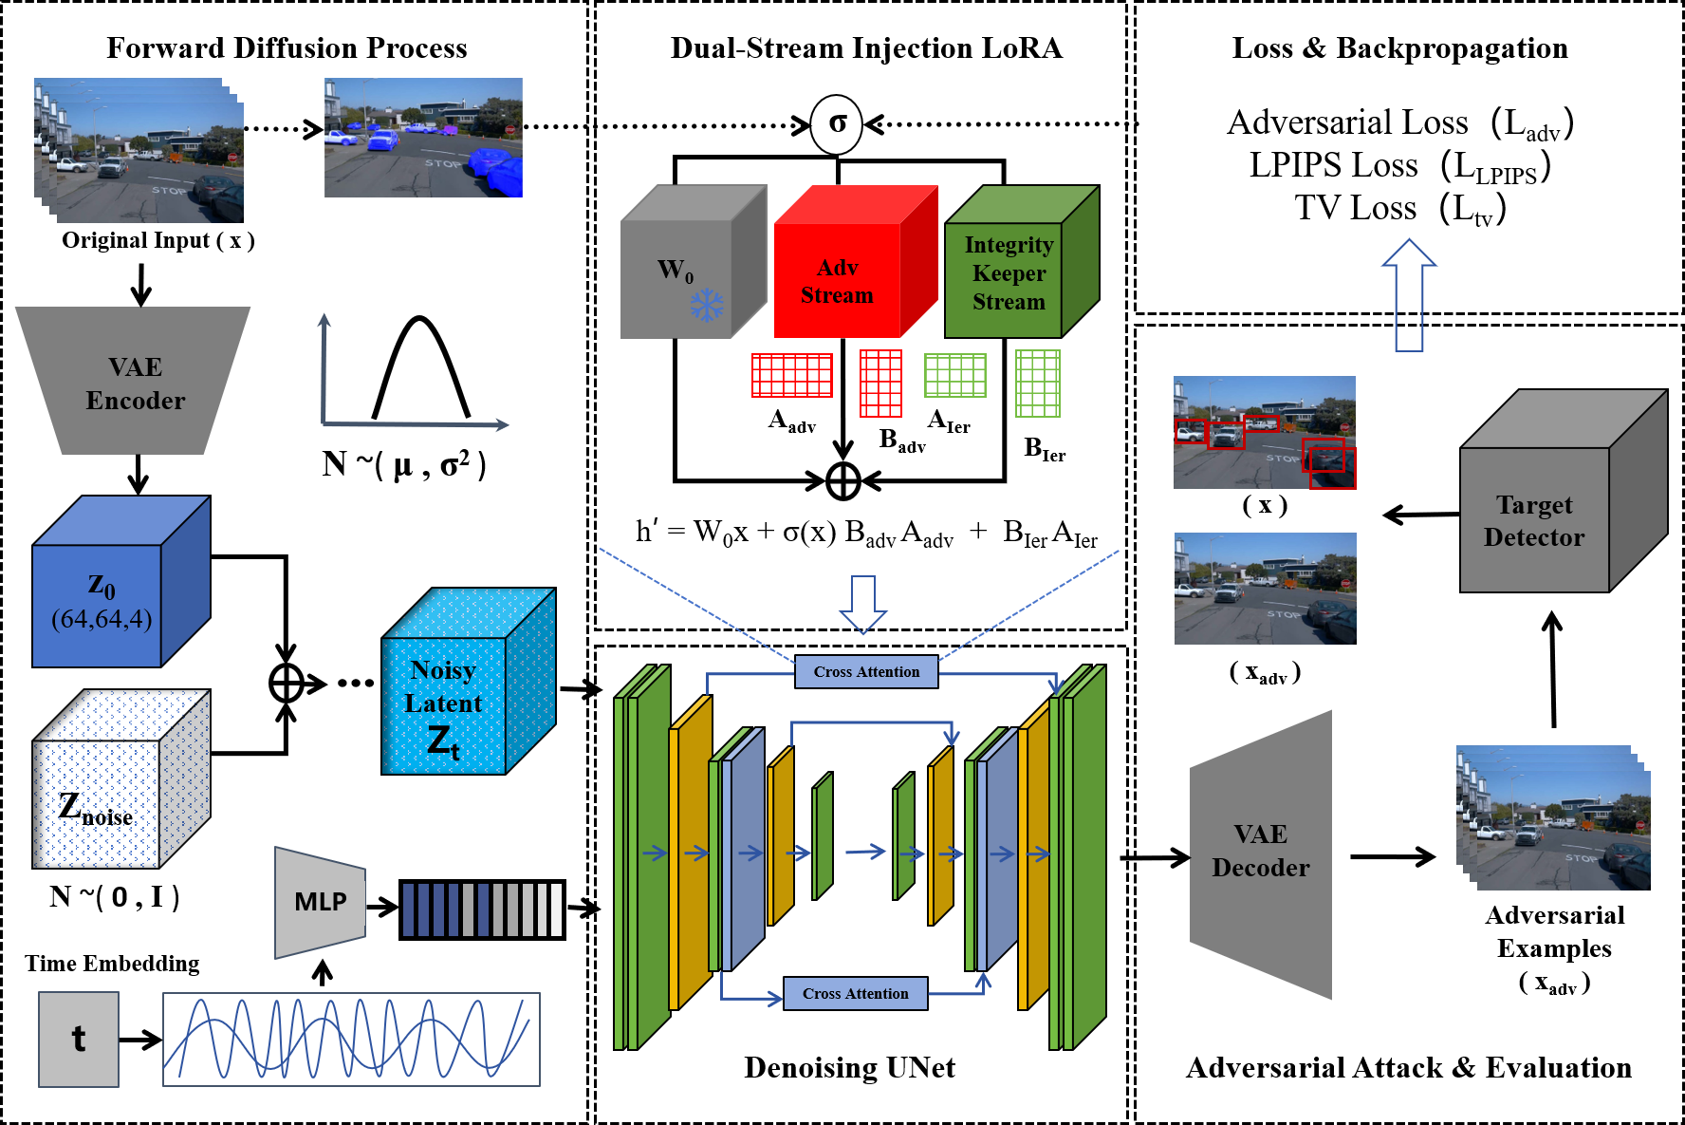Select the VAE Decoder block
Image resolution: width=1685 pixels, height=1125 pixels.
click(1261, 853)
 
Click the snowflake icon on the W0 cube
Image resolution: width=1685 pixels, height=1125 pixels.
click(706, 305)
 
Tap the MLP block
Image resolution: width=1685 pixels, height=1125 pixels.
click(321, 901)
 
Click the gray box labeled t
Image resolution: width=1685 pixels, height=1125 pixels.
click(79, 1039)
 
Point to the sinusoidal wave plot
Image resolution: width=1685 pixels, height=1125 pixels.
click(351, 1039)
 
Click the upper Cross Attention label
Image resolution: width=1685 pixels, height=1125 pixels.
click(866, 671)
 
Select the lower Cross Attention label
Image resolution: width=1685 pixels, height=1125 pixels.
click(855, 993)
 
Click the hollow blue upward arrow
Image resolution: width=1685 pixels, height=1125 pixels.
click(1409, 294)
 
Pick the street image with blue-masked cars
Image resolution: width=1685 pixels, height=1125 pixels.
click(423, 138)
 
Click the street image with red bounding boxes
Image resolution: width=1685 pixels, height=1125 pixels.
click(1265, 433)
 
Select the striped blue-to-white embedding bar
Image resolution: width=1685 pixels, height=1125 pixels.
click(482, 909)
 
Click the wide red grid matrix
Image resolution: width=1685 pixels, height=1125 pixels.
click(792, 375)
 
